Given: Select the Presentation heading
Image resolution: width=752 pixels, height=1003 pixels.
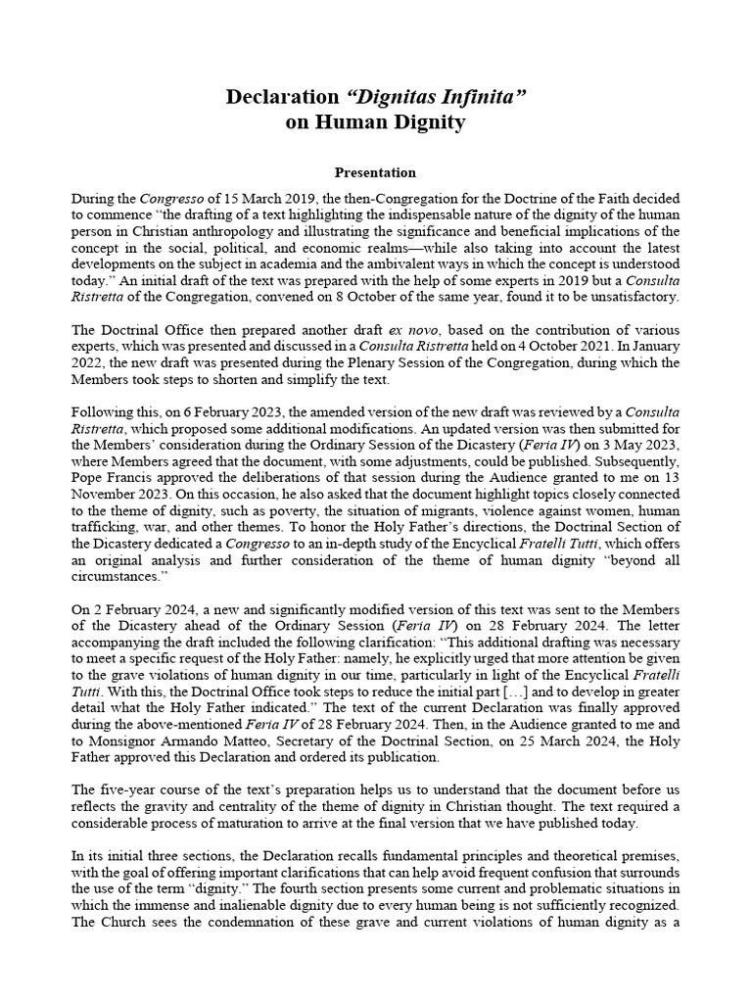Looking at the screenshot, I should (375, 172).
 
